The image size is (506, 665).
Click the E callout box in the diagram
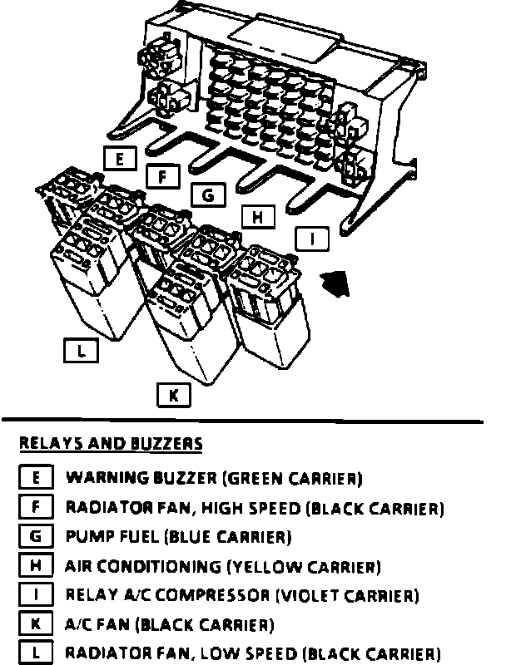[121, 158]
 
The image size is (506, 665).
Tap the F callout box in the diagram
[163, 176]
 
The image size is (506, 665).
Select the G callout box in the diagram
[207, 195]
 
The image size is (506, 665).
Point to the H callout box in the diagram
[258, 217]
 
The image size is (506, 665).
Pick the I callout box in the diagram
[312, 239]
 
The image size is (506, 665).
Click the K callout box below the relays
[174, 396]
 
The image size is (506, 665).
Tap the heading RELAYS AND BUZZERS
[111, 443]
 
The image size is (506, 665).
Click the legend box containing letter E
[36, 478]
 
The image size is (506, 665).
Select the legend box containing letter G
[36, 536]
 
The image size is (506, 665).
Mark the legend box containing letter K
[36, 623]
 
